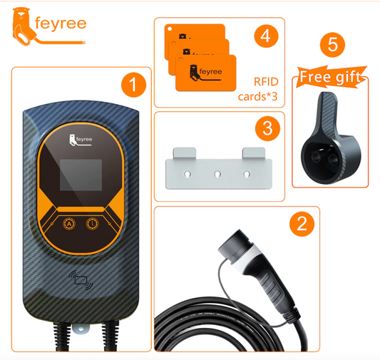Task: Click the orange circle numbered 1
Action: pyautogui.click(x=133, y=85)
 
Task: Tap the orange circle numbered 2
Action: pyautogui.click(x=302, y=224)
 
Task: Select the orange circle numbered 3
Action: pyautogui.click(x=267, y=128)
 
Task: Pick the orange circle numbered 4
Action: pyautogui.click(x=266, y=36)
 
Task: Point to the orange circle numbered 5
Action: pyautogui.click(x=332, y=45)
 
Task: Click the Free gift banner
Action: pyautogui.click(x=331, y=77)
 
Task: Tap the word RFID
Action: pyautogui.click(x=266, y=82)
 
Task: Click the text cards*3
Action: pyautogui.click(x=257, y=96)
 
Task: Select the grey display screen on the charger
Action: pyautogui.click(x=81, y=175)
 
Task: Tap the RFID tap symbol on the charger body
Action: pyautogui.click(x=81, y=280)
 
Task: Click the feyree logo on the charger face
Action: pyautogui.click(x=81, y=140)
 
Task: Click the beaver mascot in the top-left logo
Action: pyautogui.click(x=23, y=26)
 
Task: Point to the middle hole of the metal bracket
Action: pyautogui.click(x=217, y=174)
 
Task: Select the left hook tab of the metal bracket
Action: pyautogui.click(x=184, y=153)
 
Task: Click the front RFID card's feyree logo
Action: pyautogui.click(x=206, y=73)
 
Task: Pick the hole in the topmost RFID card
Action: pyautogui.click(x=170, y=29)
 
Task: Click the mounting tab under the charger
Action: pyautogui.click(x=81, y=329)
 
